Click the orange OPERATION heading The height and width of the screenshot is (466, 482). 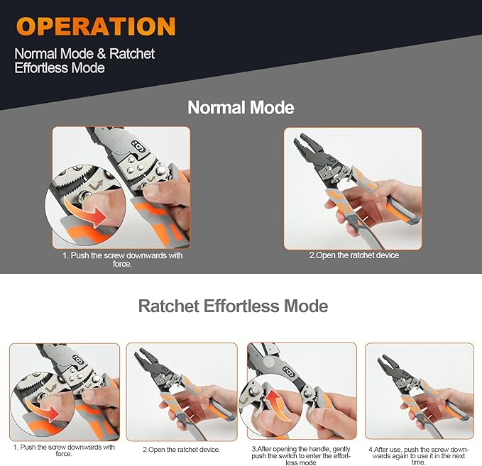pyautogui.click(x=97, y=26)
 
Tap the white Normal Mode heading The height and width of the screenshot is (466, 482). pyautogui.click(x=241, y=107)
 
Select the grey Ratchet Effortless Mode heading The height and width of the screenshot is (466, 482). pyautogui.click(x=233, y=306)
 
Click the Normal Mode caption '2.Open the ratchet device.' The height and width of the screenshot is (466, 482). pyautogui.click(x=355, y=255)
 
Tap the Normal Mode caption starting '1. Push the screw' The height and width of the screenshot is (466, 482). pyautogui.click(x=121, y=260)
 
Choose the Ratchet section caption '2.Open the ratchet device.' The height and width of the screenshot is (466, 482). pyautogui.click(x=181, y=449)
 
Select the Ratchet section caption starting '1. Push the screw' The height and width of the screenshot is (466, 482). pyautogui.click(x=64, y=451)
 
